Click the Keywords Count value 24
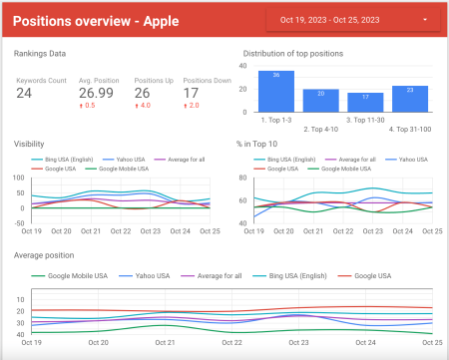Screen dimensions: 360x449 pos(24,93)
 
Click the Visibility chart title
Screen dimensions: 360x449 pos(29,144)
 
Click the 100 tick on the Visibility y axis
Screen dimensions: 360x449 pos(19,178)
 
